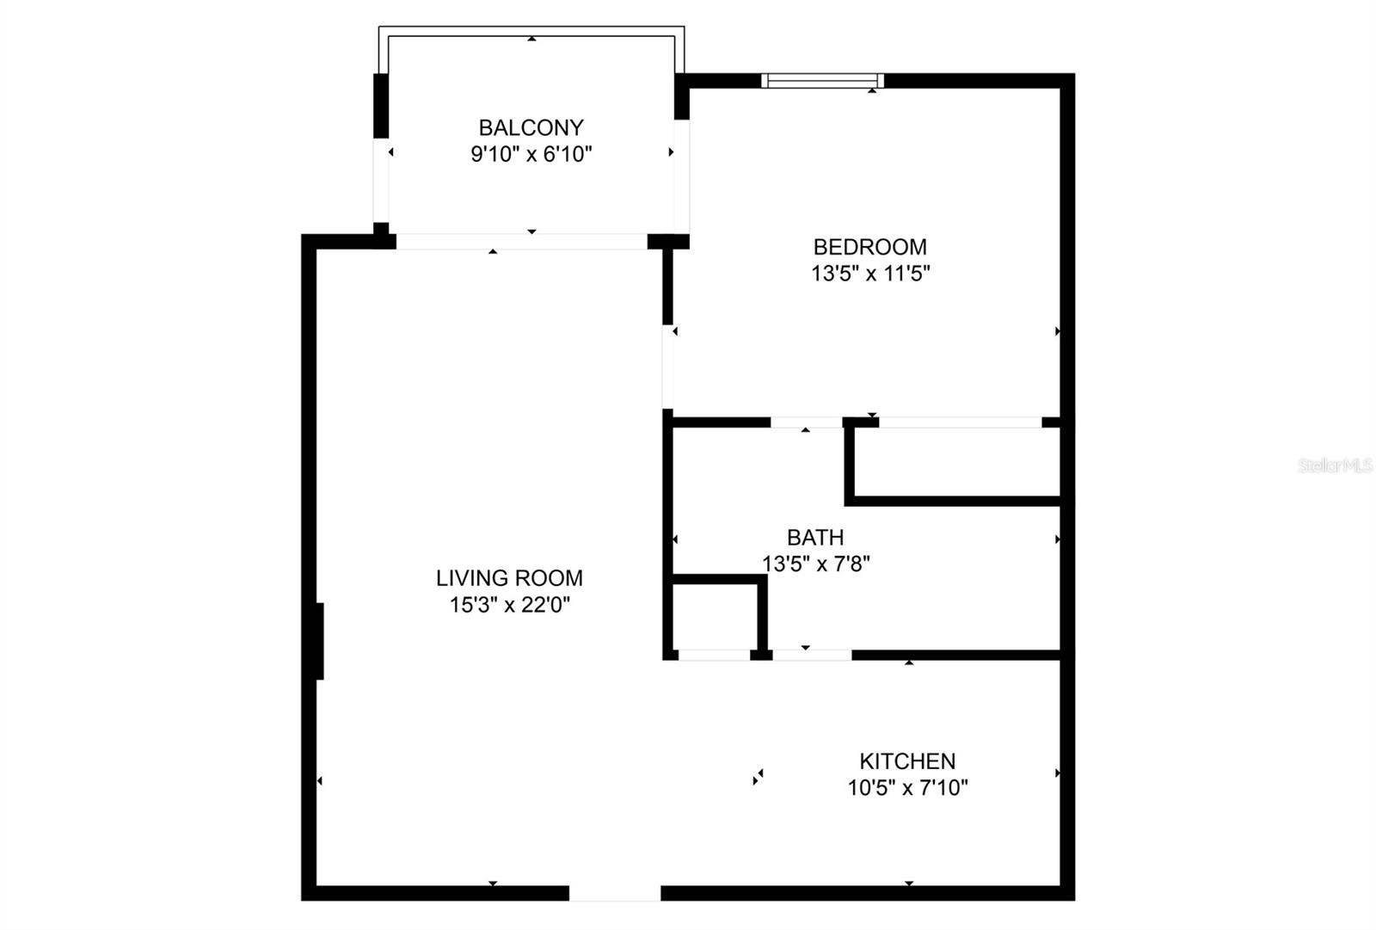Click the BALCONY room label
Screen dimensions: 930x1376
pyautogui.click(x=531, y=128)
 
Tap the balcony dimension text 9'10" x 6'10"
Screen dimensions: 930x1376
pyautogui.click(x=531, y=155)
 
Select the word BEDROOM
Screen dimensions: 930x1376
pyautogui.click(x=869, y=248)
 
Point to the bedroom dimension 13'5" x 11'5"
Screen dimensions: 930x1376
pyautogui.click(x=870, y=274)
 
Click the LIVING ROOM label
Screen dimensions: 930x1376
pyautogui.click(x=509, y=578)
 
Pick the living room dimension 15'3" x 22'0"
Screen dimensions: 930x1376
pyautogui.click(x=509, y=606)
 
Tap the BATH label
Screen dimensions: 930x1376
pyautogui.click(x=815, y=538)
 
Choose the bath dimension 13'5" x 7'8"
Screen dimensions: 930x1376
pyautogui.click(x=815, y=564)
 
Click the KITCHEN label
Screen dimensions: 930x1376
pyautogui.click(x=907, y=761)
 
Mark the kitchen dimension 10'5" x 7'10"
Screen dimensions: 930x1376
pyautogui.click(x=907, y=788)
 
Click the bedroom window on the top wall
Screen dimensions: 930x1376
pyautogui.click(x=822, y=81)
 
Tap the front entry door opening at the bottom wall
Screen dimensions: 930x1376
pyautogui.click(x=615, y=893)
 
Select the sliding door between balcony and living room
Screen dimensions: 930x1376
pyautogui.click(x=521, y=242)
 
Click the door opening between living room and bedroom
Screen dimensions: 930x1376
pyautogui.click(x=667, y=366)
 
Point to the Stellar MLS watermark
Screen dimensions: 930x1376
pyautogui.click(x=1335, y=465)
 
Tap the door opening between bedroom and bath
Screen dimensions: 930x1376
pyautogui.click(x=806, y=422)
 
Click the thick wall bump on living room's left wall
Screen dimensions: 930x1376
pyautogui.click(x=320, y=641)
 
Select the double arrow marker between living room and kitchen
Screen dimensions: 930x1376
pyautogui.click(x=758, y=777)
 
